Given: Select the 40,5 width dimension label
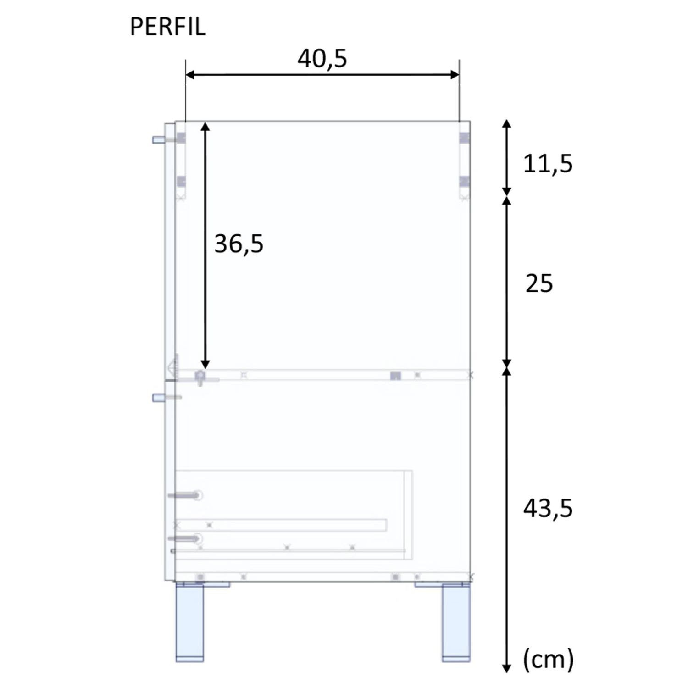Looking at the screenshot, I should coord(322,59).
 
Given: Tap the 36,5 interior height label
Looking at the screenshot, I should coord(239,244).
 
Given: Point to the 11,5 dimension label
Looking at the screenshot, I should coord(548,164).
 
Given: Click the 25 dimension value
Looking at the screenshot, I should coord(539,283).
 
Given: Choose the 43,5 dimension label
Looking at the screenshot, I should coord(548,508).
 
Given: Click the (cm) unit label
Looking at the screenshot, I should coord(548,660).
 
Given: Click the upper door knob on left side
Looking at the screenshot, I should coord(157,139).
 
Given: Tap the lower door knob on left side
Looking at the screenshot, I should coord(157,398).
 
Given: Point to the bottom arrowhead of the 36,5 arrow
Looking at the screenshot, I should coord(205,364).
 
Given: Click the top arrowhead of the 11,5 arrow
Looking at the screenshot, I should coord(506,124).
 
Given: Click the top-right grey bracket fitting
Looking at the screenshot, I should coord(464,138).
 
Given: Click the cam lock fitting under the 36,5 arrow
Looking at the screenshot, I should coord(200,377).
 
